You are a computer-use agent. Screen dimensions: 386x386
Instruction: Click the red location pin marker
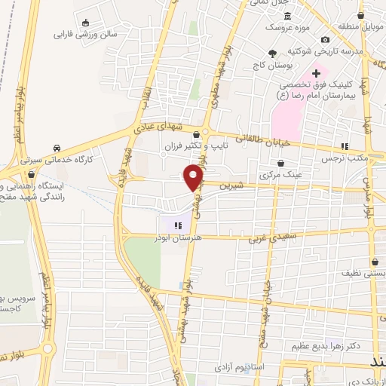click(x=195, y=176)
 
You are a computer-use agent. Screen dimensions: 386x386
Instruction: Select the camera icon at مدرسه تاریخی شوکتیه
click(x=325, y=39)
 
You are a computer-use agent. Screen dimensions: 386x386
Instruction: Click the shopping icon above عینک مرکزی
click(x=281, y=163)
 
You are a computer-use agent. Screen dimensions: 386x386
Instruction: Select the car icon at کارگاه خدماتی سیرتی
click(x=57, y=148)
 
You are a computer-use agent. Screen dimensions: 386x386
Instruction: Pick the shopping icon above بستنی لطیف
click(x=375, y=263)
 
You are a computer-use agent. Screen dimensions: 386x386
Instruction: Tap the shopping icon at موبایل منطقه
click(x=361, y=14)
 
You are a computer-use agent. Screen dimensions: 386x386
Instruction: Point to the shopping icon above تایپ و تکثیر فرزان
click(x=196, y=134)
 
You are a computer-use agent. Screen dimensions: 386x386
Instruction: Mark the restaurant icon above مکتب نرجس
click(x=345, y=147)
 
